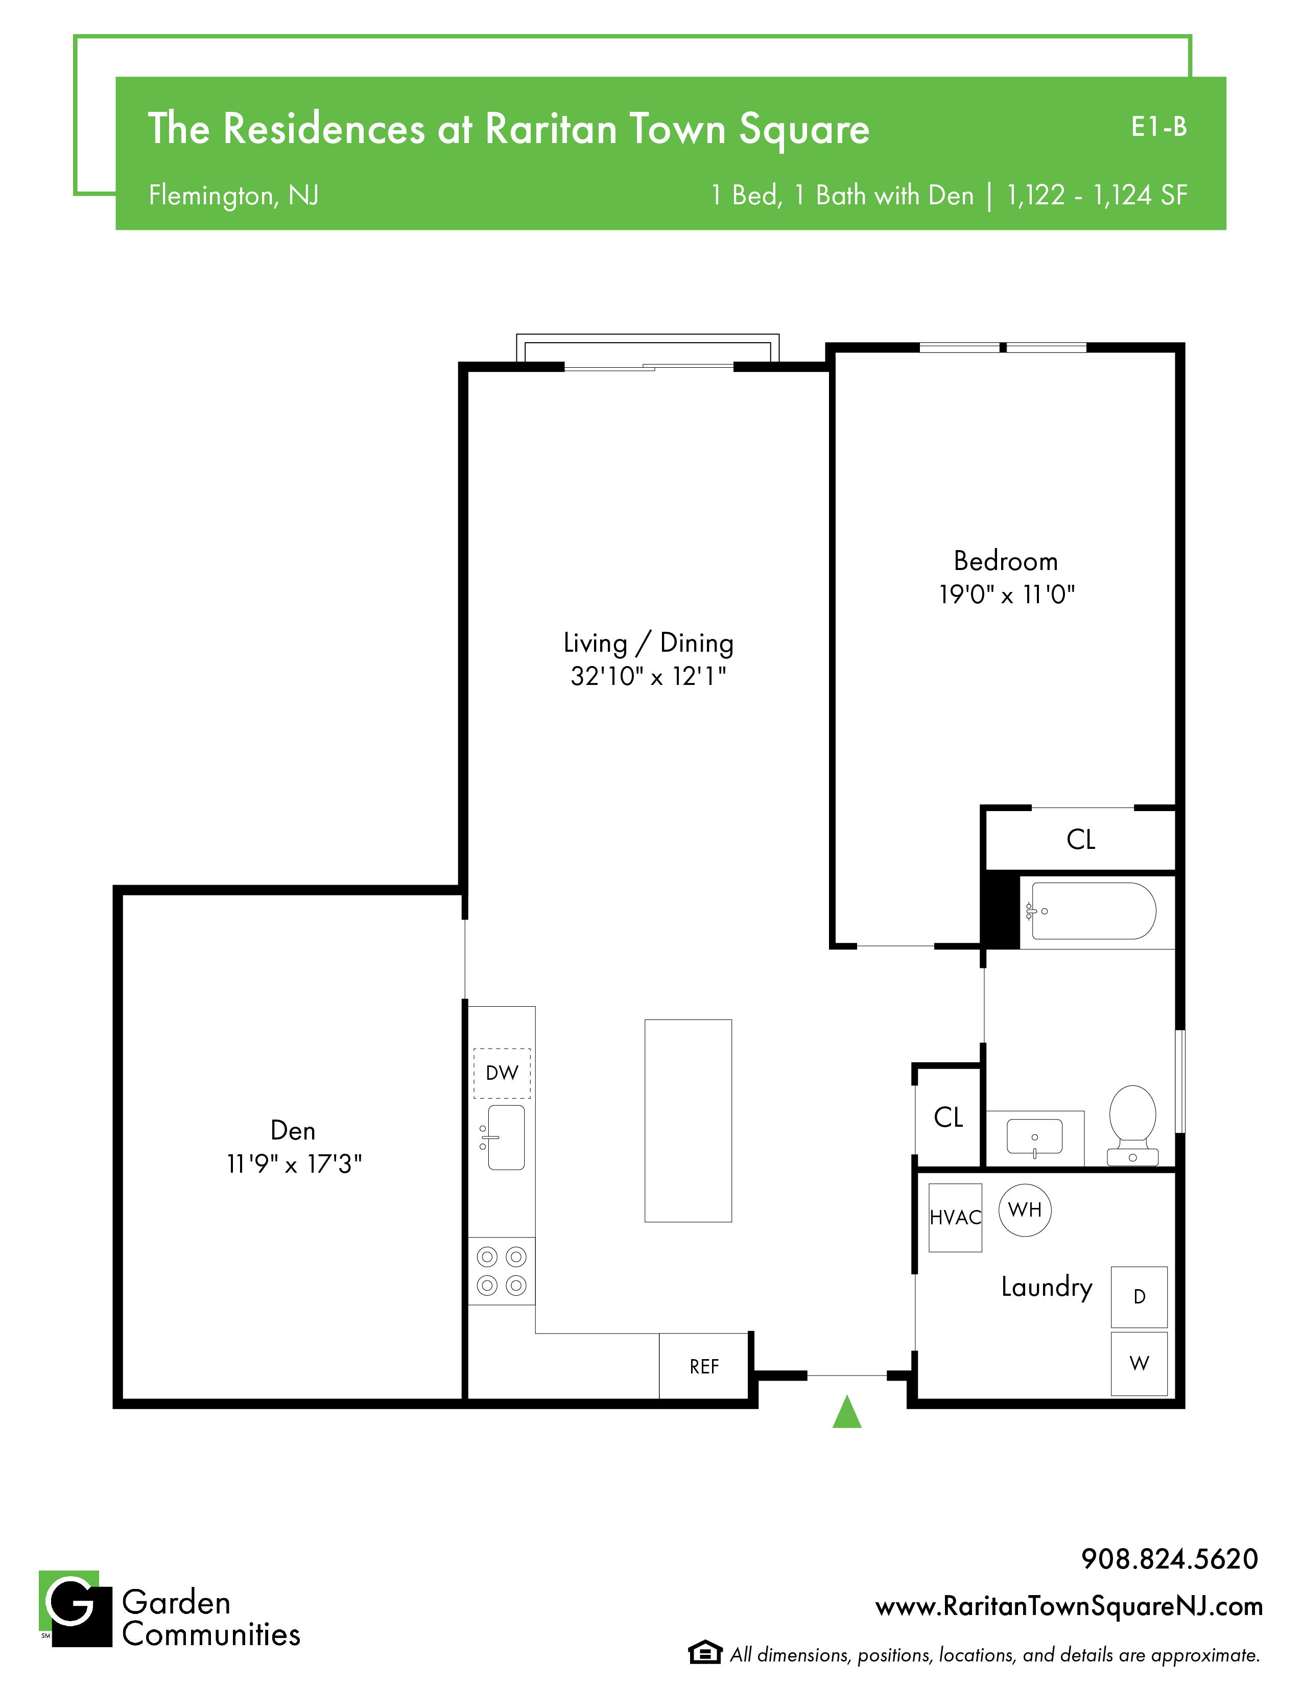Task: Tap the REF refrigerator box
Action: coord(704,1366)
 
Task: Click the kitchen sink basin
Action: coord(506,1137)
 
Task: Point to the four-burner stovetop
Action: coord(502,1271)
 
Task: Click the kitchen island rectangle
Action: coord(688,1121)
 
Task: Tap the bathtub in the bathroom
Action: coord(1094,911)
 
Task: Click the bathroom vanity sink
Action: coord(1034,1137)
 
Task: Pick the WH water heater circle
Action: coord(1025,1209)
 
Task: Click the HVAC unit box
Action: coord(956,1218)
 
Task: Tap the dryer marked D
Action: coord(1140,1296)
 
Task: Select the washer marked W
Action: coord(1140,1363)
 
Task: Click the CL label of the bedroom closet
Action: coord(1081,839)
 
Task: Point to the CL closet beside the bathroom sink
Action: coord(949,1117)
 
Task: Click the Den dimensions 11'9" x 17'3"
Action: coord(294,1163)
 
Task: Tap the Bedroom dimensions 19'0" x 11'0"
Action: coord(1007,595)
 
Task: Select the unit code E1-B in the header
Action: coord(1158,127)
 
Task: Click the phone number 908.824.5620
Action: coord(1170,1559)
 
